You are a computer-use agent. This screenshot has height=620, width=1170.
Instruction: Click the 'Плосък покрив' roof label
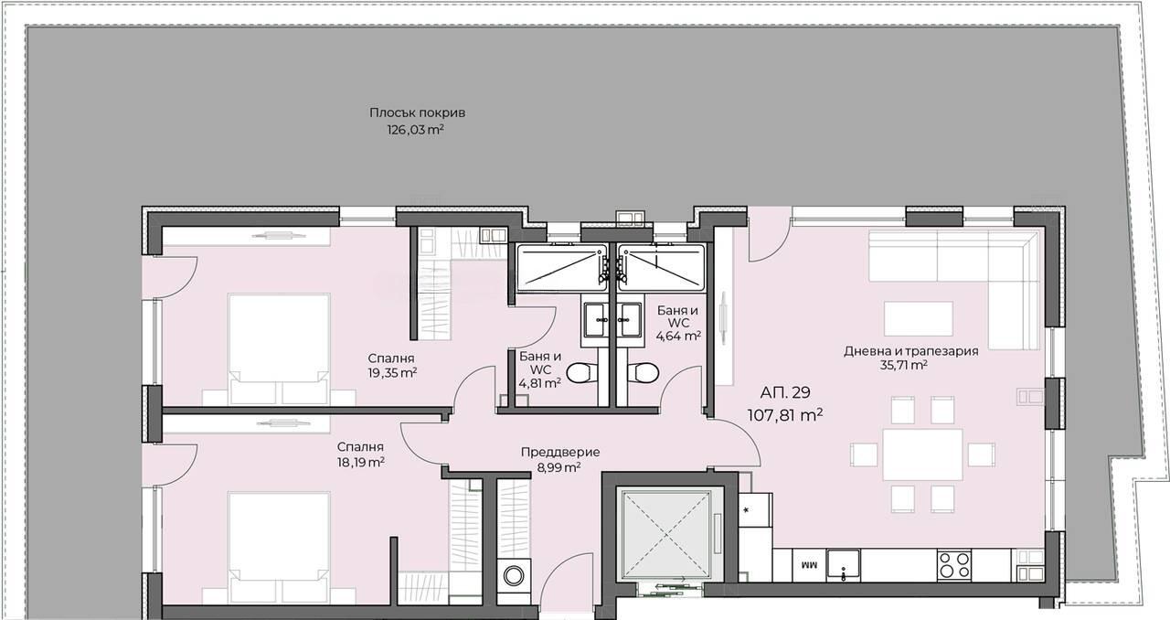click(x=418, y=112)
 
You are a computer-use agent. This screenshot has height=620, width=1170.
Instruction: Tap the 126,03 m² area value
click(x=415, y=130)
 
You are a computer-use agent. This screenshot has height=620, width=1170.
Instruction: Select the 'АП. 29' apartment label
click(x=785, y=392)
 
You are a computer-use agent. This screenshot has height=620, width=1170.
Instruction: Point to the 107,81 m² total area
click(x=785, y=415)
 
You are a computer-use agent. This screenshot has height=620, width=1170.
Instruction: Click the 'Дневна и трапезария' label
click(x=911, y=351)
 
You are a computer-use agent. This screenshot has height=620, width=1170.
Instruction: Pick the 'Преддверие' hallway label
click(x=560, y=452)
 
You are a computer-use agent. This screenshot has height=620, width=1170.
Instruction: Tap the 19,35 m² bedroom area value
click(x=392, y=373)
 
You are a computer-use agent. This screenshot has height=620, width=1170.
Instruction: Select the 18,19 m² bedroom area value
click(x=360, y=462)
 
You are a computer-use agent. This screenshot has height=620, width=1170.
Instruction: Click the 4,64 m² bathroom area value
click(x=678, y=336)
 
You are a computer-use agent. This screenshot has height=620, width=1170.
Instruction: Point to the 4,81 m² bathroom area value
click(x=539, y=383)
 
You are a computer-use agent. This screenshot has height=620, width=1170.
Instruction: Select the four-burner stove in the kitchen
click(x=953, y=564)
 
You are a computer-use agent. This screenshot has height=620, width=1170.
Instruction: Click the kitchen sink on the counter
click(x=843, y=564)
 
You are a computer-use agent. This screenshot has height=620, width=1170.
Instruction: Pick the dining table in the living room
click(x=922, y=454)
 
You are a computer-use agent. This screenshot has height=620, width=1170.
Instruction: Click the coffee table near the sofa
click(x=919, y=318)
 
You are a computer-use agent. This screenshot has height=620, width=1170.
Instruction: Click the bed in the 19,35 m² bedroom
click(x=279, y=348)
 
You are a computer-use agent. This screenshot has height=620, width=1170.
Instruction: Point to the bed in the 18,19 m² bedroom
click(x=279, y=548)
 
